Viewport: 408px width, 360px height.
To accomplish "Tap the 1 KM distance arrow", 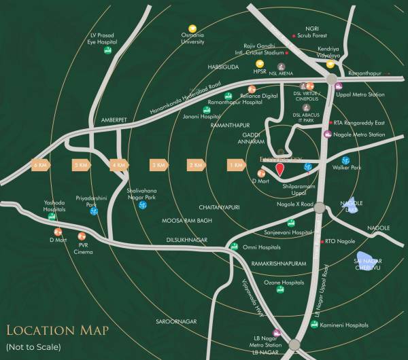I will click(x=237, y=164).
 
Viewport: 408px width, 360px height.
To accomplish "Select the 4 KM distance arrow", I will click(x=119, y=164).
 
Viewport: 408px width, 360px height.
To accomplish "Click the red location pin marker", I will click(x=279, y=170).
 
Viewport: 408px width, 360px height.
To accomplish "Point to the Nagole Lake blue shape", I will click(x=352, y=205).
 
